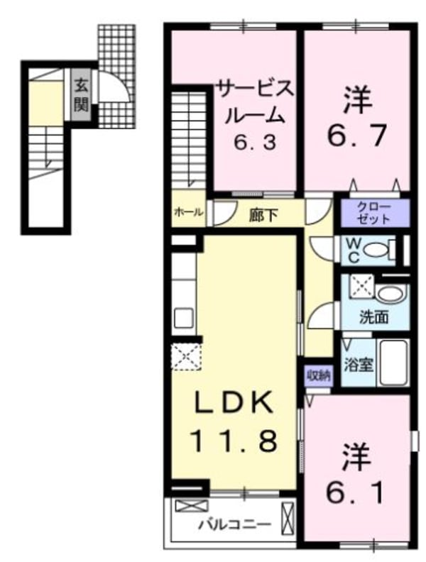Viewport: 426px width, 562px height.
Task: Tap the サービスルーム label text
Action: click(x=255, y=103)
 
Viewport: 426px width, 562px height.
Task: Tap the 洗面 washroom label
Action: click(x=373, y=317)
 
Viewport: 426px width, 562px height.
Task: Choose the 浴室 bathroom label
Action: click(x=357, y=365)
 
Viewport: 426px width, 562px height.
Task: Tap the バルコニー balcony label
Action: click(x=234, y=526)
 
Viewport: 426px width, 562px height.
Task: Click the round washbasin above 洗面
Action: click(x=388, y=294)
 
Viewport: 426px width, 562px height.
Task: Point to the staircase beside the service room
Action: click(x=188, y=139)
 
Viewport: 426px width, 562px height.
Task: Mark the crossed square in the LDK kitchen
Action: click(x=187, y=356)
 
